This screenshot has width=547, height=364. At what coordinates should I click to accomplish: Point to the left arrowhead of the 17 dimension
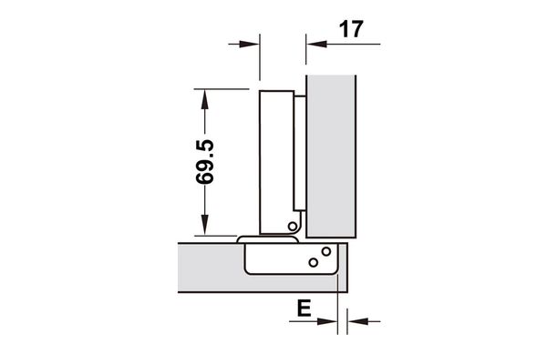tap(252, 42)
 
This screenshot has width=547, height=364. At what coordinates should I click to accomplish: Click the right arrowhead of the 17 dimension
tap(314, 42)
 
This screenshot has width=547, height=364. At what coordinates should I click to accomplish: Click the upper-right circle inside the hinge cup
tap(324, 251)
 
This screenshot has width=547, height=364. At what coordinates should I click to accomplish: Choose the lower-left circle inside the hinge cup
tap(313, 263)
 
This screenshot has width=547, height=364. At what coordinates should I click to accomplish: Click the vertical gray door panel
tap(333, 155)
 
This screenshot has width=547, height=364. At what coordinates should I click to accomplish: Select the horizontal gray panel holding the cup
tap(210, 268)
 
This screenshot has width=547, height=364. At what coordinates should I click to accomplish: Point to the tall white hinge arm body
tap(275, 155)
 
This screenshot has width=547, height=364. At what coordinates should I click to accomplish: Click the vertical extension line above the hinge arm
tap(260, 59)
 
